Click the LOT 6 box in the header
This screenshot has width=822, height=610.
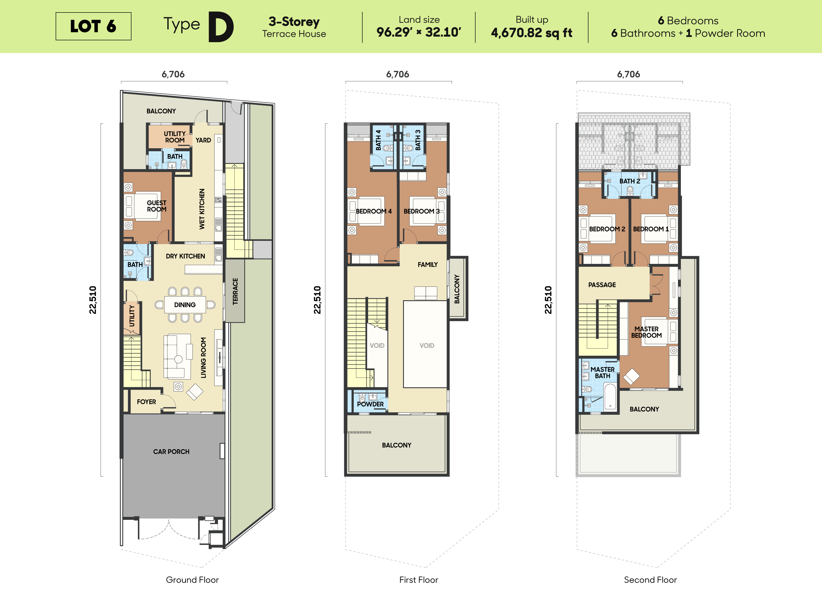[93, 26]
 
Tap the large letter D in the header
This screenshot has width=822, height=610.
[221, 27]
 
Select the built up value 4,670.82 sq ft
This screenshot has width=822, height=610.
[531, 33]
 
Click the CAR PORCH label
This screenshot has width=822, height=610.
[171, 452]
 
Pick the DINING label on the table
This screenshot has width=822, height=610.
[185, 305]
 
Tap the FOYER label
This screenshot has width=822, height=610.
[147, 402]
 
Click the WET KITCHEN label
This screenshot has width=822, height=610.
[202, 209]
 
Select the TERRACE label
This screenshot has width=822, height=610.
[235, 291]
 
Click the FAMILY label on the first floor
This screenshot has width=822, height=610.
[427, 264]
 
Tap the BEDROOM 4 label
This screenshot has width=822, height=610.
[374, 211]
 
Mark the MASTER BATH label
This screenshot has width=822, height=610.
[602, 373]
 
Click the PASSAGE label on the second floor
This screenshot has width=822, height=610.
[602, 285]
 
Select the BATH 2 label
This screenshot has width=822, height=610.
[630, 181]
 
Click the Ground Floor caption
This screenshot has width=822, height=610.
[192, 580]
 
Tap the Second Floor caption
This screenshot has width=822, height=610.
[650, 580]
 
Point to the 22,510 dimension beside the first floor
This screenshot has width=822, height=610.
[317, 300]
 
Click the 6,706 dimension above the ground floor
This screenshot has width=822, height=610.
[173, 74]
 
